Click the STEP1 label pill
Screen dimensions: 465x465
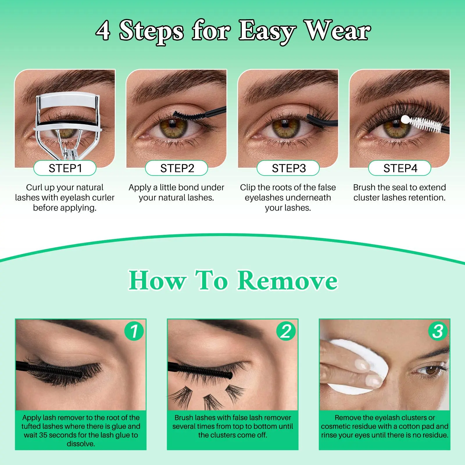[65, 168]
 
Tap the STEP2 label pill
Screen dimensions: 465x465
[176, 168]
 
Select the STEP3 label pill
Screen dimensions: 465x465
[288, 168]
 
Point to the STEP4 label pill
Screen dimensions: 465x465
[400, 168]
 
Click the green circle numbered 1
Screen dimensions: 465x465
[134, 331]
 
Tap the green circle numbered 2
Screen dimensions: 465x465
[286, 331]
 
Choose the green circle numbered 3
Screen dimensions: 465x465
[438, 331]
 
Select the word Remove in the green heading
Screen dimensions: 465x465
[287, 280]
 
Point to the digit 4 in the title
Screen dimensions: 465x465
[103, 31]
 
